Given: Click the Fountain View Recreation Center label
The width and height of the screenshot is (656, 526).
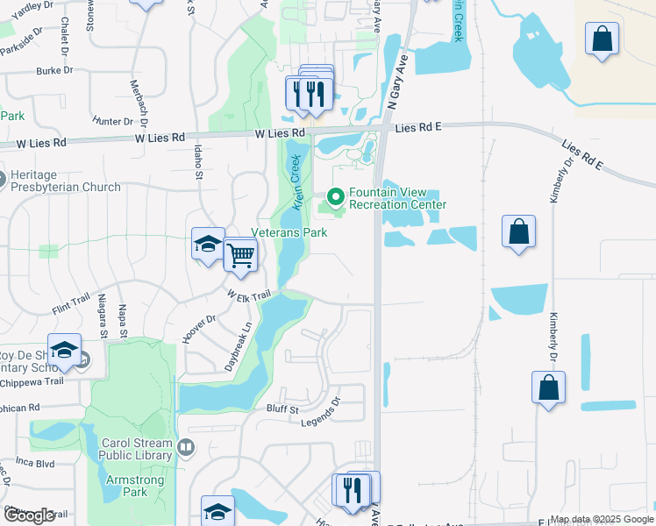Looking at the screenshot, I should [x=397, y=198].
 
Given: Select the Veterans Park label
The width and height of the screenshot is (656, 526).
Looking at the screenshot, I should [x=289, y=232].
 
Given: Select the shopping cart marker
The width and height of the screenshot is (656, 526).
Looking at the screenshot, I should [x=240, y=255].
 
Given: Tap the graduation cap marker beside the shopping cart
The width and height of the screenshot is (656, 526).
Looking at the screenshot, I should [x=209, y=245].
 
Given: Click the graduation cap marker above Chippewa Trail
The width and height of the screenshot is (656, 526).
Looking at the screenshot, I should [x=64, y=352].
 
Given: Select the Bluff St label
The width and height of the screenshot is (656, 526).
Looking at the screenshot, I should [x=283, y=409].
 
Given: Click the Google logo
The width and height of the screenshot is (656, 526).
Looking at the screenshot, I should [x=29, y=515].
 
